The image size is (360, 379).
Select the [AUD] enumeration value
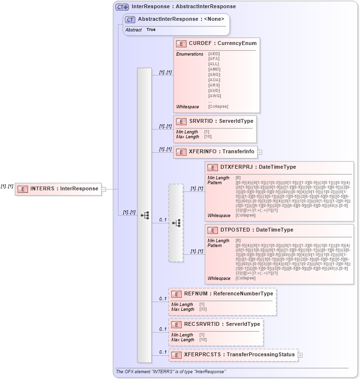214,90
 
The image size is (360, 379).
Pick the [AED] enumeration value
214,54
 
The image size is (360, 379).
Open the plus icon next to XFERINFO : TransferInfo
259,152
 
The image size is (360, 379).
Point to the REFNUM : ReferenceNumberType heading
229,293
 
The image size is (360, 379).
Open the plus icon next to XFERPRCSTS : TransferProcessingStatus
300,355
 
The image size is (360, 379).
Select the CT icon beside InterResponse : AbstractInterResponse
121,7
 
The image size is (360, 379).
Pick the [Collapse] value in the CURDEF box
218,106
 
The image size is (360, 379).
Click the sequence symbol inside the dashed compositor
176,223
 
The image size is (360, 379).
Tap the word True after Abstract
151,30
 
